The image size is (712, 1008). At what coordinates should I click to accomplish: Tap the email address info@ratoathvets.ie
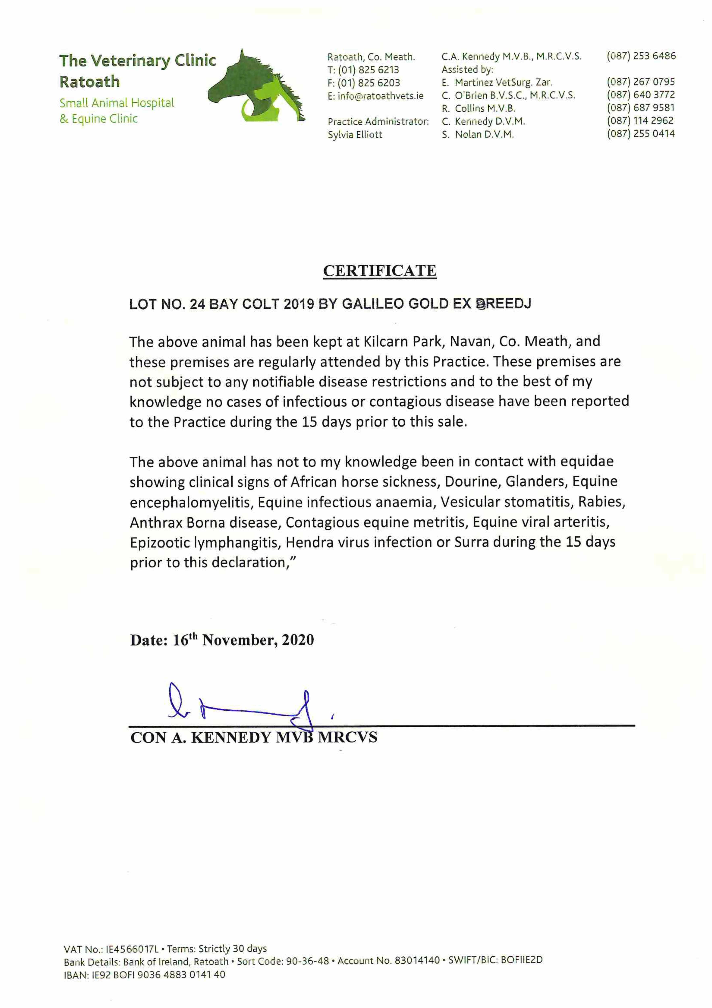click(x=380, y=96)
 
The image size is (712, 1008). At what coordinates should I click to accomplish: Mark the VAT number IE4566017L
click(x=133, y=949)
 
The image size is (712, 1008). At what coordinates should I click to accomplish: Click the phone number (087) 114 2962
click(x=640, y=121)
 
